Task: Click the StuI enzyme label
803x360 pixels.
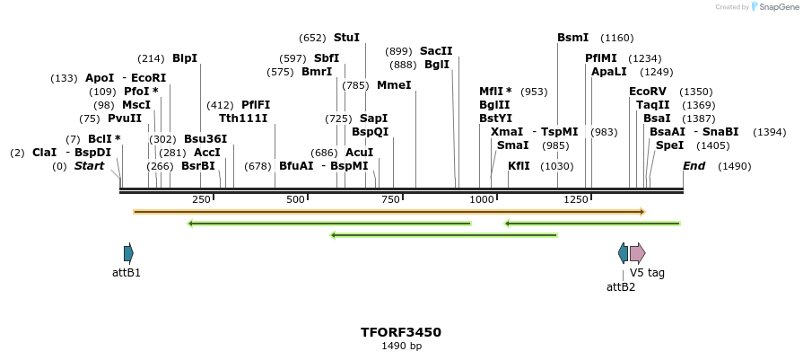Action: (346, 38)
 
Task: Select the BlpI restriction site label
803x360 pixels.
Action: (185, 58)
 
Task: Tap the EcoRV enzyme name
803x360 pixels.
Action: (648, 92)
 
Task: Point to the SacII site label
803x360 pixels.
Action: (436, 51)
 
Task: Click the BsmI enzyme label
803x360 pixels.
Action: (572, 38)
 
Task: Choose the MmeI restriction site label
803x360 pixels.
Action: (394, 85)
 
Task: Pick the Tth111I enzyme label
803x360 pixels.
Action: (243, 118)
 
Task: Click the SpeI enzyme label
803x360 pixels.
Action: (669, 145)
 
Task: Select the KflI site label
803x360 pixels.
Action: (519, 166)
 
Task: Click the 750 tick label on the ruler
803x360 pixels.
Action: (390, 199)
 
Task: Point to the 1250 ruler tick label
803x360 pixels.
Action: (577, 199)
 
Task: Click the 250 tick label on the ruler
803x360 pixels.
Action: (201, 199)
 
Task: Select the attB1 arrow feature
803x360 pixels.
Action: (128, 253)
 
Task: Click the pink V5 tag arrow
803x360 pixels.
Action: (637, 253)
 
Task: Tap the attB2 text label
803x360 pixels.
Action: (621, 287)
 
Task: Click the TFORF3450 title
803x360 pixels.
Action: (401, 332)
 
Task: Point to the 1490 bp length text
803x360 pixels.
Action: (401, 346)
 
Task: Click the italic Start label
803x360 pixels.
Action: (89, 166)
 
